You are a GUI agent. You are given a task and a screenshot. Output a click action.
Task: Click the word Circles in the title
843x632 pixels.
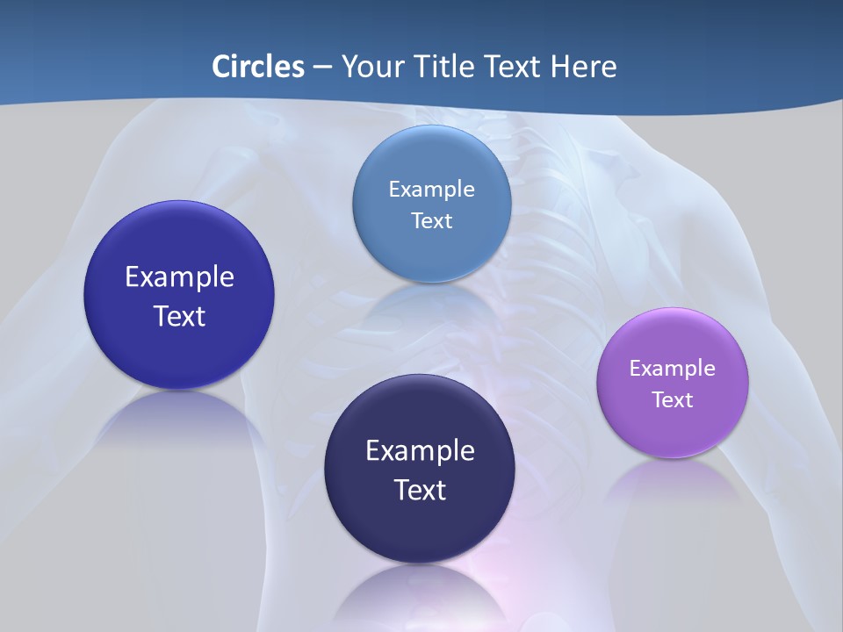[257, 67]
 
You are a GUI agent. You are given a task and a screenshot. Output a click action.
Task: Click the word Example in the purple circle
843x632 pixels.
[673, 368]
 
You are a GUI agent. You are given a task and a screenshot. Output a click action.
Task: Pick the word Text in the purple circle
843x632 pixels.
[673, 399]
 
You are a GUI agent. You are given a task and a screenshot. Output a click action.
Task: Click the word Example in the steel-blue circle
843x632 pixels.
[432, 189]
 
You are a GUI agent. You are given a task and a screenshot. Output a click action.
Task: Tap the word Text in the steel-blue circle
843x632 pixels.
[432, 220]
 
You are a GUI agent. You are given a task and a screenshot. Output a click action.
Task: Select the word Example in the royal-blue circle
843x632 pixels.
[179, 276]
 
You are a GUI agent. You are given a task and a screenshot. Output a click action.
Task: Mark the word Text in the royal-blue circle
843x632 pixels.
[179, 316]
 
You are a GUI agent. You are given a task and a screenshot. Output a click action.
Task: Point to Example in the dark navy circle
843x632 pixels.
[420, 450]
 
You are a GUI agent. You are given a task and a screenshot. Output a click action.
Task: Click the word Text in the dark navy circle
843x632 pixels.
[420, 490]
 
